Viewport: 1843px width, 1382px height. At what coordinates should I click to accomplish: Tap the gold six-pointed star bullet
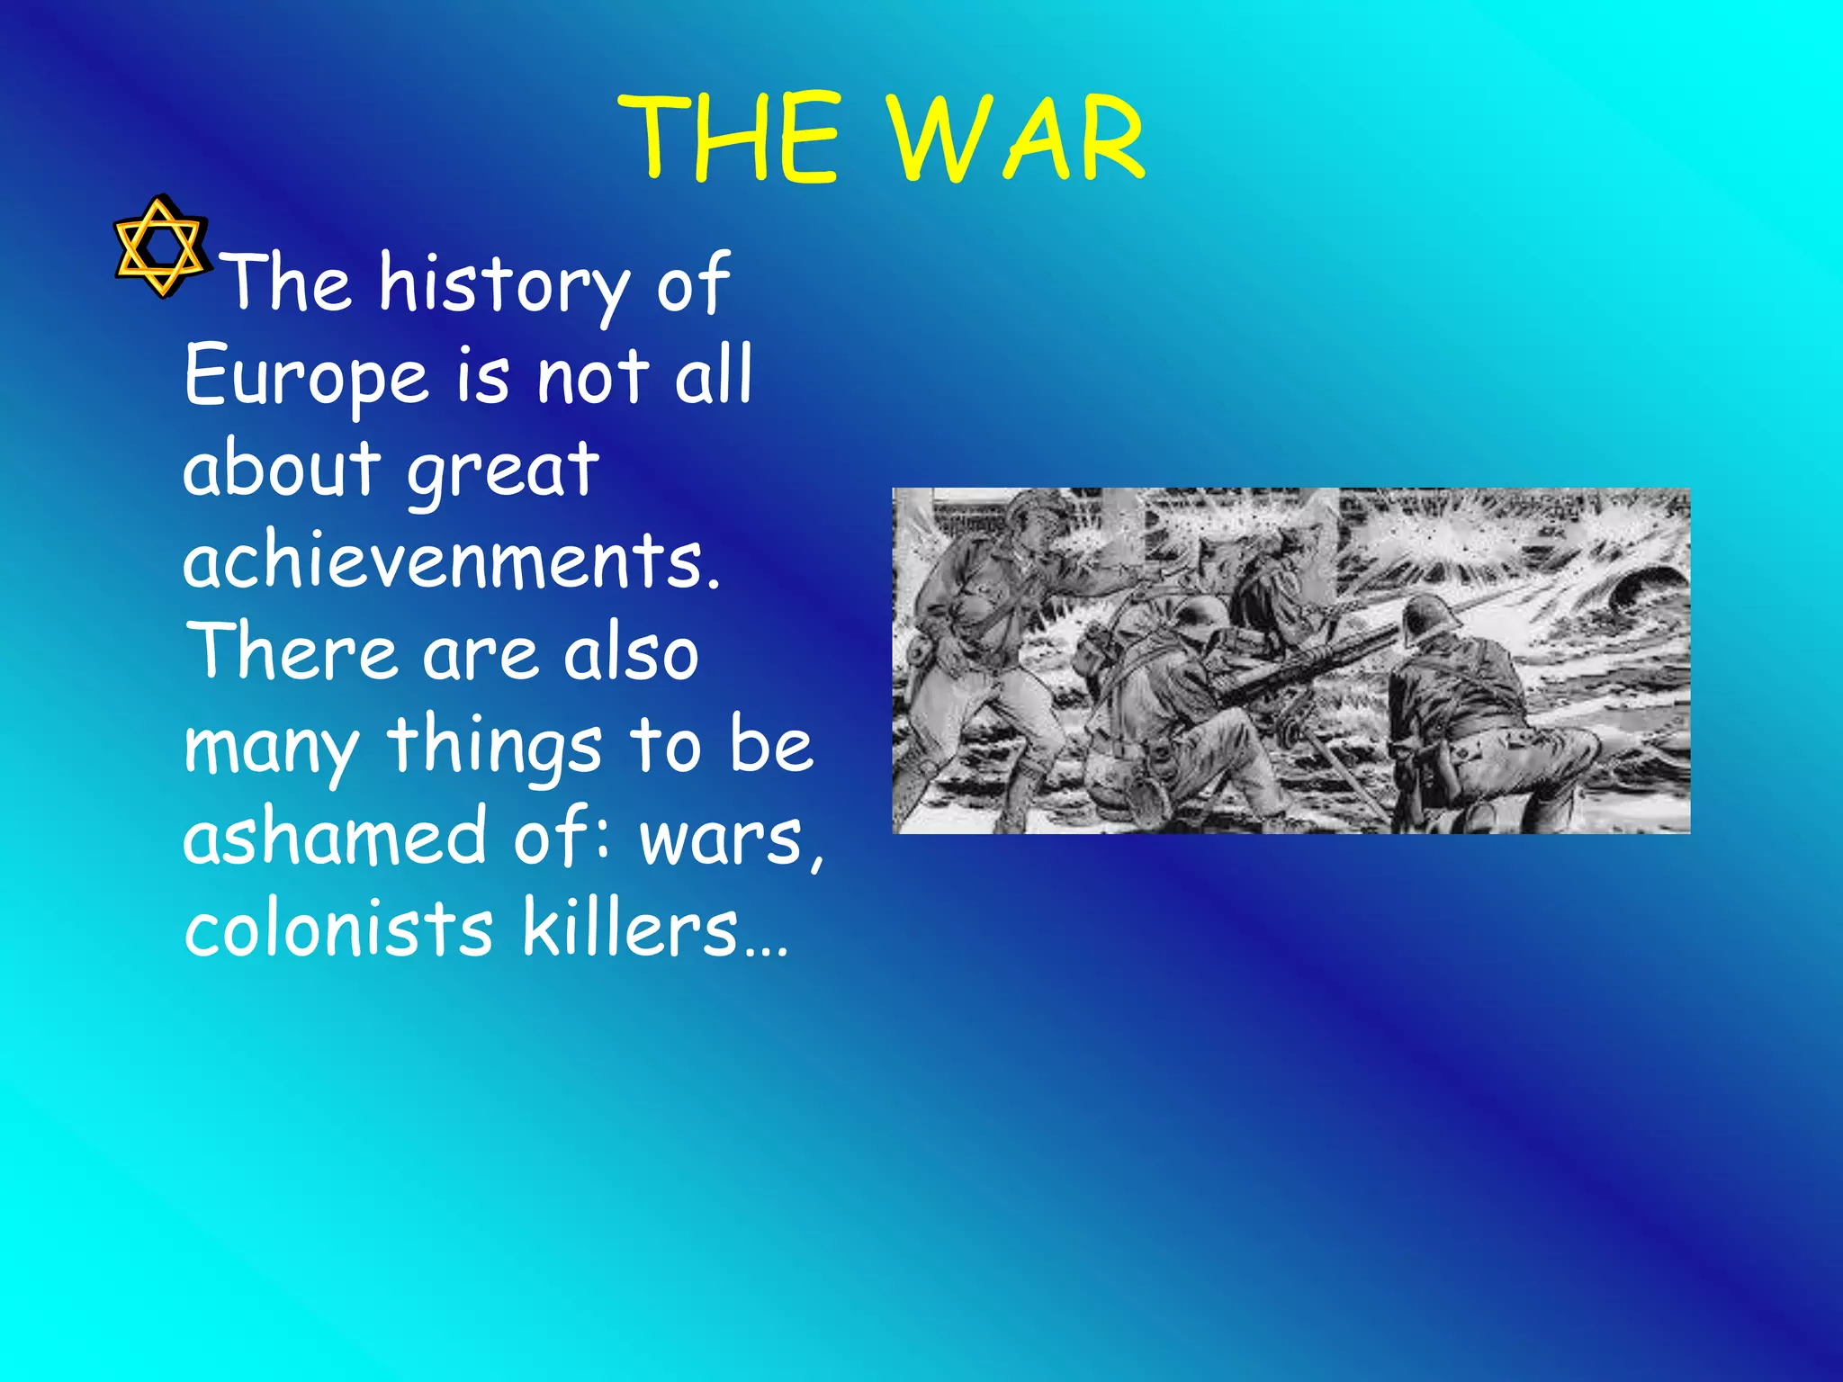point(160,247)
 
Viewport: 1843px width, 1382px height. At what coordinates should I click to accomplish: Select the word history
point(502,284)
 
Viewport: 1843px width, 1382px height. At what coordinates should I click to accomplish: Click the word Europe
point(306,377)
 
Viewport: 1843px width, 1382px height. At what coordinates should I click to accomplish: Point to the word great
point(502,469)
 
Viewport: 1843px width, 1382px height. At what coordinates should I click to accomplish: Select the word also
point(630,651)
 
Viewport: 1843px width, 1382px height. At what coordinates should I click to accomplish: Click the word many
point(270,747)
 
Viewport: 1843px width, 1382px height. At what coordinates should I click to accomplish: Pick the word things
point(493,747)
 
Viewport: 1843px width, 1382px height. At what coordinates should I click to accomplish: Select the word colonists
point(338,929)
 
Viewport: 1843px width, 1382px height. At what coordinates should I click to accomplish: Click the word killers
point(630,929)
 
